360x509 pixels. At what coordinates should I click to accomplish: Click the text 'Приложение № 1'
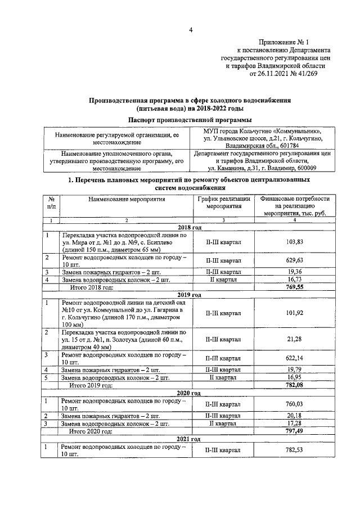tap(284, 42)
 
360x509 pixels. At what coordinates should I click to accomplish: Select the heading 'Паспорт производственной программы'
tap(189, 120)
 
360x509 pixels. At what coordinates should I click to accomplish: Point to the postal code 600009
tap(302, 168)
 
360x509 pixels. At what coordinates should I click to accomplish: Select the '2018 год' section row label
tap(189, 227)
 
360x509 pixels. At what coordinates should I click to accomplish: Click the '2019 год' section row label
tap(189, 294)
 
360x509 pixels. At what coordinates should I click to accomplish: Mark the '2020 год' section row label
tap(189, 393)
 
